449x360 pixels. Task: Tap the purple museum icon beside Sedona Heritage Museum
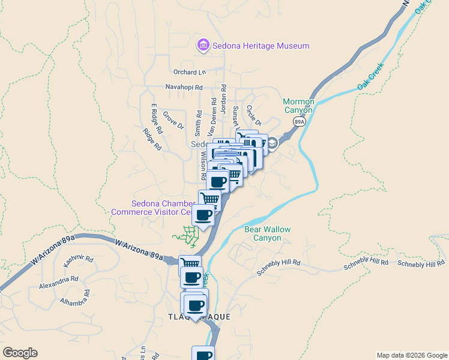(x=203, y=45)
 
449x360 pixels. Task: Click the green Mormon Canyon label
(x=298, y=106)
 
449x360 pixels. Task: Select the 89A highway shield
(x=299, y=121)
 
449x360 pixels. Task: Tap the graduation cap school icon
(x=273, y=143)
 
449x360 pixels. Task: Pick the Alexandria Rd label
(x=59, y=279)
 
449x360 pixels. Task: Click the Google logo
(x=20, y=353)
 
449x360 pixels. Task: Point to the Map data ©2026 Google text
(x=411, y=355)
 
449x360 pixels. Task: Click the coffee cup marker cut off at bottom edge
(x=203, y=354)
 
